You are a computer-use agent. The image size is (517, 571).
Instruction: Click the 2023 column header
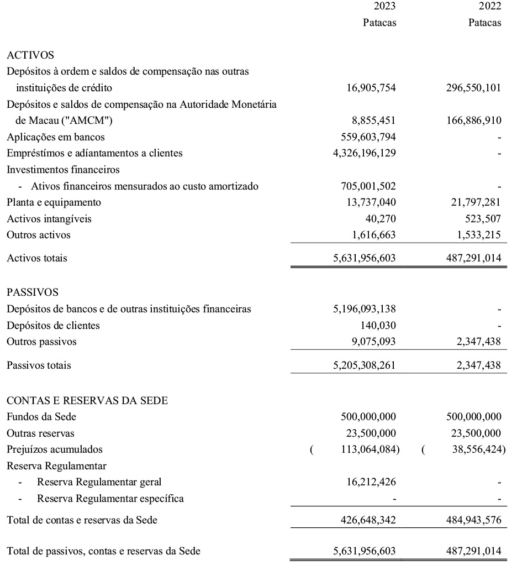(385, 7)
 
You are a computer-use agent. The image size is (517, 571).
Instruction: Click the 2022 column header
(490, 7)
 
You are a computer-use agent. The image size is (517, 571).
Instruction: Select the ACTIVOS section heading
(30, 55)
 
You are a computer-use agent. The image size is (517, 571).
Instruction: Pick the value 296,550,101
(473, 88)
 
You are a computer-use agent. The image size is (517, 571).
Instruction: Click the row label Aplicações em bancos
(55, 137)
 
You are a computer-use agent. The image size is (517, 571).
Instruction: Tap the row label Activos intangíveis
(49, 219)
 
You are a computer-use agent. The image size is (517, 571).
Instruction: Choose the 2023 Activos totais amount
(365, 258)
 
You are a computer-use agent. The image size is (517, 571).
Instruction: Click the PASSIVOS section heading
(32, 292)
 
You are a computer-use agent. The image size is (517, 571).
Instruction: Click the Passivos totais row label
(39, 365)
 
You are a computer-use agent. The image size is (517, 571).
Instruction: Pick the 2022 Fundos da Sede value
(473, 417)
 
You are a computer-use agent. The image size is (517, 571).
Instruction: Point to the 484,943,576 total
(473, 520)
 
